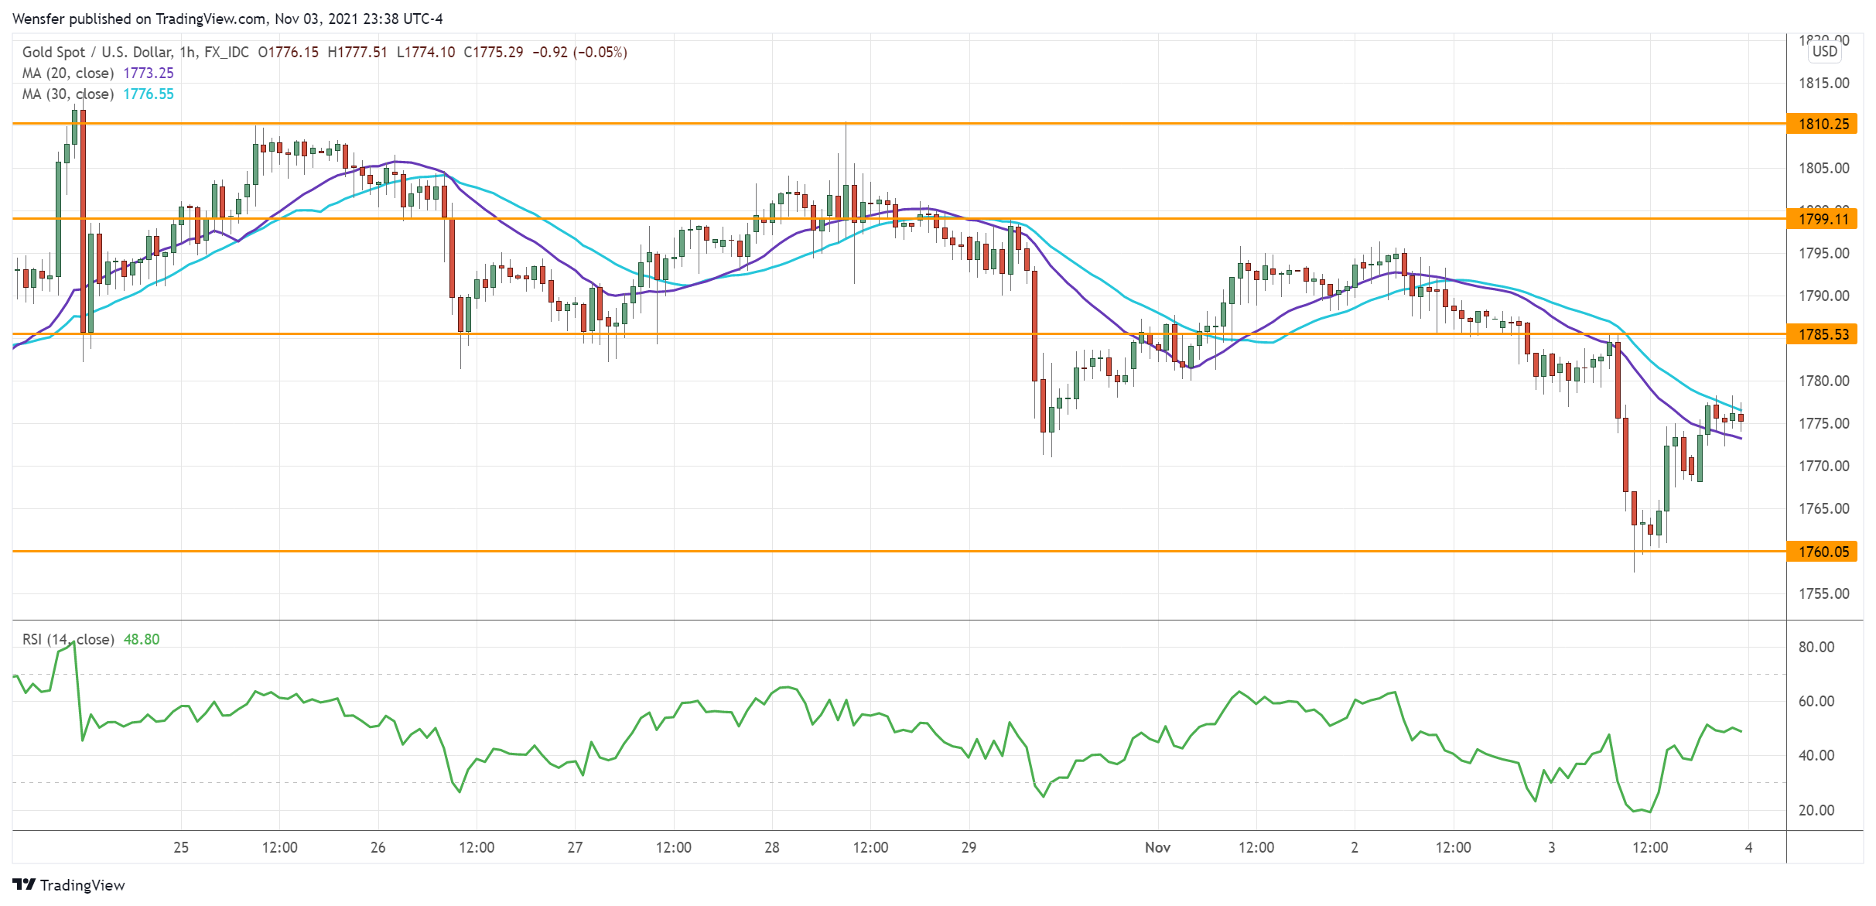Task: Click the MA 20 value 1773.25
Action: pyautogui.click(x=149, y=74)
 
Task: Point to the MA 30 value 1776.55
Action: pyautogui.click(x=149, y=94)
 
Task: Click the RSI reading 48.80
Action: pyautogui.click(x=142, y=640)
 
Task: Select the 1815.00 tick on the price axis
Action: pyautogui.click(x=1823, y=83)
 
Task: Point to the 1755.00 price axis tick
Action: pyautogui.click(x=1823, y=593)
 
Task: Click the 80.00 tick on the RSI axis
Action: pyautogui.click(x=1816, y=647)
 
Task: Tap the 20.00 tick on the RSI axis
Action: pyautogui.click(x=1816, y=810)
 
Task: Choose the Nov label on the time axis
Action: pyautogui.click(x=1157, y=847)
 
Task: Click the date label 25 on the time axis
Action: pyautogui.click(x=181, y=847)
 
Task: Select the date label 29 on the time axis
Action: pyautogui.click(x=969, y=847)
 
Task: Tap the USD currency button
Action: pyautogui.click(x=1824, y=52)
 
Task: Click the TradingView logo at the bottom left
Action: pyautogui.click(x=69, y=885)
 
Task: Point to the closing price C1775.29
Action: pyautogui.click(x=493, y=53)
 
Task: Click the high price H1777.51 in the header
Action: pyautogui.click(x=357, y=53)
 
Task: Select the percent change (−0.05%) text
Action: pyautogui.click(x=600, y=53)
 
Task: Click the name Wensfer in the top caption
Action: pyautogui.click(x=39, y=19)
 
